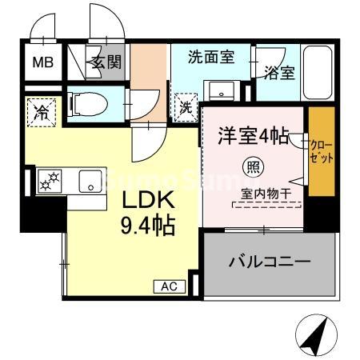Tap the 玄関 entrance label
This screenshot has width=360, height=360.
click(x=106, y=62)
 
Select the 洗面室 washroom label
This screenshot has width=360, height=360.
click(x=210, y=57)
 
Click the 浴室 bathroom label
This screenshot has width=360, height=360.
click(x=280, y=71)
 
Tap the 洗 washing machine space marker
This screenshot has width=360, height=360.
click(x=184, y=104)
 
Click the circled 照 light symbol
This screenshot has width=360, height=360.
click(x=251, y=167)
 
